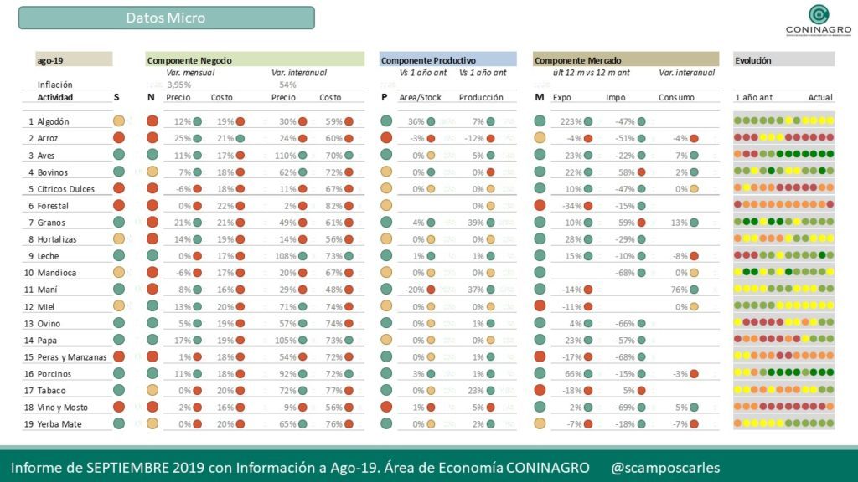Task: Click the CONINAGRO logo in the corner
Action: pos(818,21)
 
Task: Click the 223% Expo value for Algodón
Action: pos(571,121)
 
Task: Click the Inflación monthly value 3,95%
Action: pos(178,85)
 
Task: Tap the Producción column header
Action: pos(481,98)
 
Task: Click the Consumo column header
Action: pos(676,98)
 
